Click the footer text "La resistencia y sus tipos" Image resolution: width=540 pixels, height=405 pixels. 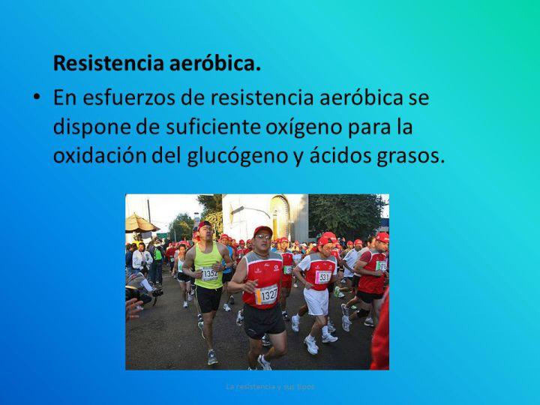point(270,386)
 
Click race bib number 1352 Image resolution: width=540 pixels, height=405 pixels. point(209,274)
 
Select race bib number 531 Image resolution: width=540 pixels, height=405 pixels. point(324,277)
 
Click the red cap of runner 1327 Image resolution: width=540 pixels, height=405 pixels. point(262,230)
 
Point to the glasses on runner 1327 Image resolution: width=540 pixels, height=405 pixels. point(262,238)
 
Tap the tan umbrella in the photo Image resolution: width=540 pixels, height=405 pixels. point(140,223)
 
